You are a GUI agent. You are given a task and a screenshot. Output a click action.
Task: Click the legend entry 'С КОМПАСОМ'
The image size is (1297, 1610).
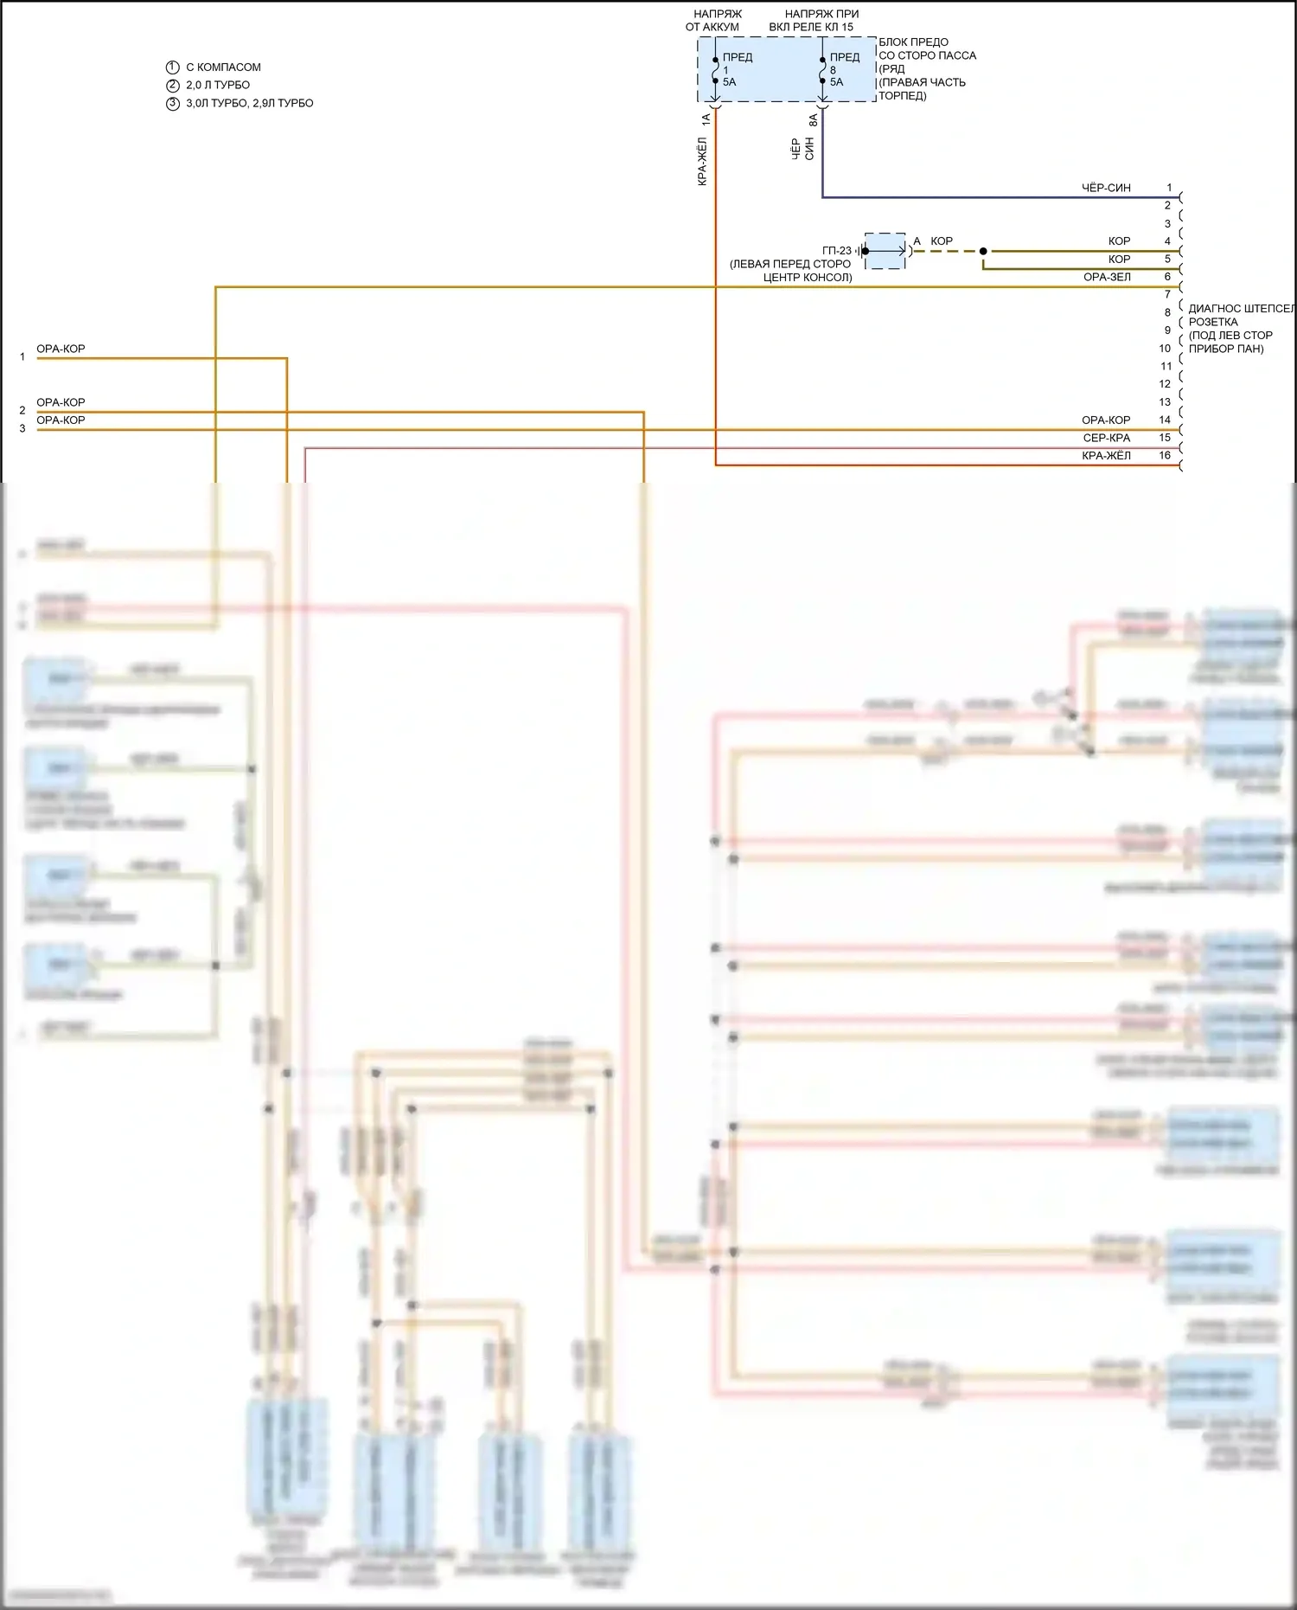223,67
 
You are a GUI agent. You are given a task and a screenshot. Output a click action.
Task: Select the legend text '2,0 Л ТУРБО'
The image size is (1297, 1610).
218,85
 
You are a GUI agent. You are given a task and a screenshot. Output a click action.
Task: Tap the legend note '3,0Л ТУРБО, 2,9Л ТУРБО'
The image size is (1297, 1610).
249,103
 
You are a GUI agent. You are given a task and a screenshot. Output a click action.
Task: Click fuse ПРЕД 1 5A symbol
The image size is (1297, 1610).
716,70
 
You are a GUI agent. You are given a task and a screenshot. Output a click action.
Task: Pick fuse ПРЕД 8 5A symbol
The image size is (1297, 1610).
822,70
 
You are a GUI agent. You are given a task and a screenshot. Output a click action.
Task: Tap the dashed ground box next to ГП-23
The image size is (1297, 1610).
885,251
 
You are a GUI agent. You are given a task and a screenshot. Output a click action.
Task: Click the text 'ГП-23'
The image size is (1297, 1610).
836,251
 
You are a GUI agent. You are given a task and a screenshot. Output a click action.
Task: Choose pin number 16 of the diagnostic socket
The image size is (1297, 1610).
1165,455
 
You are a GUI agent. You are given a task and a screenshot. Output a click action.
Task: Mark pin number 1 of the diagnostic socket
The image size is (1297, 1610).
1169,188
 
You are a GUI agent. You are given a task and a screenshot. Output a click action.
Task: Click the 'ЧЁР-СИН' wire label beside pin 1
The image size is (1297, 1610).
1106,188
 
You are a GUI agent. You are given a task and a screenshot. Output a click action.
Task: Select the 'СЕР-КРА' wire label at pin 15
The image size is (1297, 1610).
1106,438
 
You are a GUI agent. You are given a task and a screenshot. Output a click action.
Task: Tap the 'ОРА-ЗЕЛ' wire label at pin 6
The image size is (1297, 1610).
1107,277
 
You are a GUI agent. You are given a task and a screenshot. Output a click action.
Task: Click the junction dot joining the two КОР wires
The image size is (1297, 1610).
983,251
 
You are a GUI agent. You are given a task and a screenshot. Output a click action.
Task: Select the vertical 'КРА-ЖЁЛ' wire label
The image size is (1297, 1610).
702,161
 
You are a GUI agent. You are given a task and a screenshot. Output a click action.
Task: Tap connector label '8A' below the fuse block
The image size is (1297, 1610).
813,120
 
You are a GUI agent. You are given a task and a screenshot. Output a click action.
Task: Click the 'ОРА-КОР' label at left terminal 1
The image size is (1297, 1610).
61,349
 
